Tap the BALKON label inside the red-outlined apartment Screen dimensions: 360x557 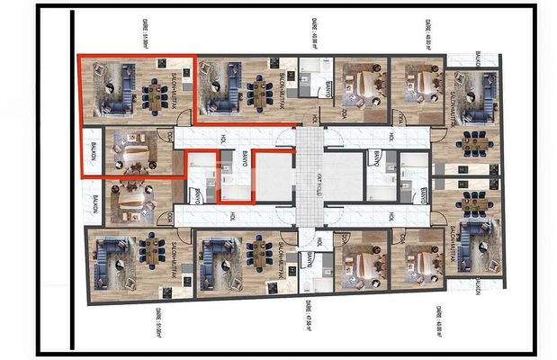92,154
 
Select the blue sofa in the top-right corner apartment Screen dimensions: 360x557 485,95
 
